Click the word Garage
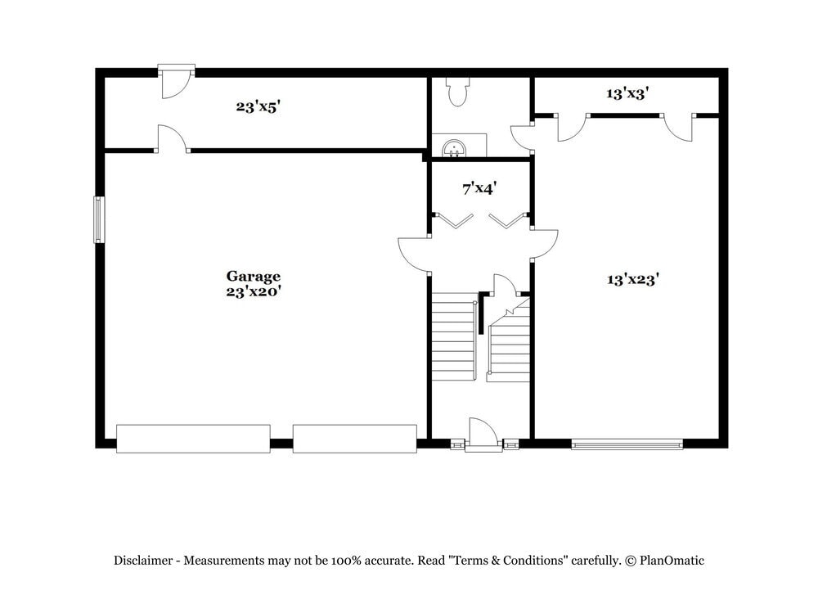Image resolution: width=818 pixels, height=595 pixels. (x=254, y=277)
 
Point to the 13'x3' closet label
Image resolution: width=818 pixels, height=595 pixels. (x=627, y=94)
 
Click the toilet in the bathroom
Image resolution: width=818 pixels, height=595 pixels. (x=457, y=92)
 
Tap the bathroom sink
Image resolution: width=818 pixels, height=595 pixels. (x=454, y=148)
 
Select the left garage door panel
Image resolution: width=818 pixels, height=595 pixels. (x=193, y=438)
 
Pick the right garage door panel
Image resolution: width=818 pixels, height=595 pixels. (x=355, y=438)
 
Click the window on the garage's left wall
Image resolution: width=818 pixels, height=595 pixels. (x=99, y=219)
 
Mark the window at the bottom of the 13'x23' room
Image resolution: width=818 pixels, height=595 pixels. (x=627, y=445)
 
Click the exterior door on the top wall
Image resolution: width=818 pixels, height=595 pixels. (x=175, y=83)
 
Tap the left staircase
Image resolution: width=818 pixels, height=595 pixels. (x=453, y=337)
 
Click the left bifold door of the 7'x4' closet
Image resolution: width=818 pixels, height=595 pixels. (x=453, y=220)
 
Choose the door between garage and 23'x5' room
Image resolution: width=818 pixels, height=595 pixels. (x=172, y=139)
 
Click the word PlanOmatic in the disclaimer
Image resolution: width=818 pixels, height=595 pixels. (x=672, y=561)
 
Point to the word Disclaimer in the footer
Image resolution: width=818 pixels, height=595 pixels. (x=142, y=561)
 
